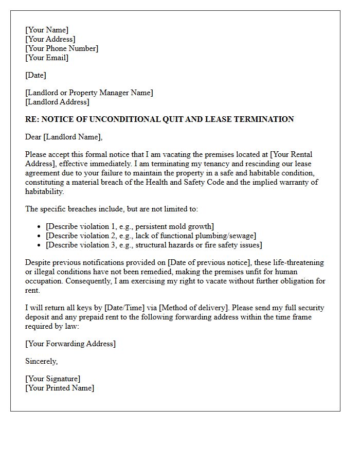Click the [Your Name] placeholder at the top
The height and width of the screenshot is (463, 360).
47,30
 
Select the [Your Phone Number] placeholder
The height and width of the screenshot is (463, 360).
62,48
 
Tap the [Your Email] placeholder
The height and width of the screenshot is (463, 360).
47,58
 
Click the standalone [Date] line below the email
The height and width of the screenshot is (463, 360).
35,75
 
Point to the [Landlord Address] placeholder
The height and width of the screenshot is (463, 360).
58,102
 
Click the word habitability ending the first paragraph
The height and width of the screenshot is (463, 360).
45,191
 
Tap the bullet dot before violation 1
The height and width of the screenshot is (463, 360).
40,227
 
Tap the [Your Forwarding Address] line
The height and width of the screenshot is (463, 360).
70,344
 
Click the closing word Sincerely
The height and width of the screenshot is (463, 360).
41,361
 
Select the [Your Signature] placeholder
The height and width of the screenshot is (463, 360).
52,379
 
